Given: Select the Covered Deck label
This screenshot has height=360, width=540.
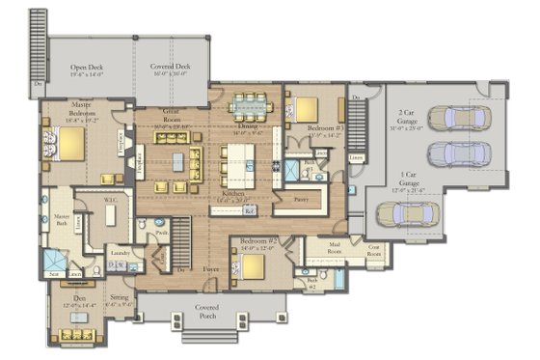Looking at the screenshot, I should click(x=169, y=69).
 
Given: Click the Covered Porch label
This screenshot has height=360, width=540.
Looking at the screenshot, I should click(x=206, y=311).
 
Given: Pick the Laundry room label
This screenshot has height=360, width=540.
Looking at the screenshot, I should click(x=121, y=253).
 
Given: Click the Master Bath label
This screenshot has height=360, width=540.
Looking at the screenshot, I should click(x=61, y=218).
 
